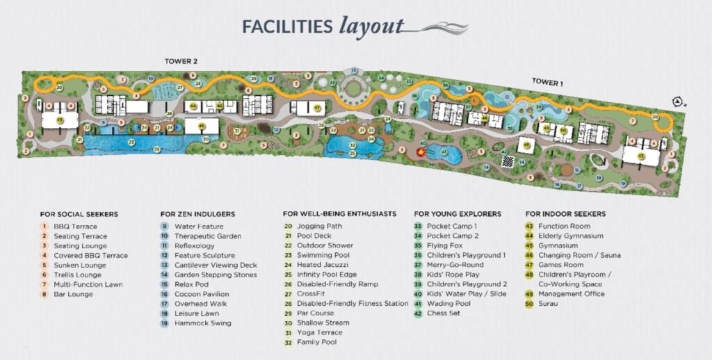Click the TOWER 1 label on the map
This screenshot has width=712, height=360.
point(547,82)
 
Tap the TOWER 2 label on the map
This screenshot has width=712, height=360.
point(181,61)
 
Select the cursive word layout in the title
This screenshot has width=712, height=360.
point(371,26)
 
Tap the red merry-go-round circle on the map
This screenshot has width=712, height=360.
point(421,151)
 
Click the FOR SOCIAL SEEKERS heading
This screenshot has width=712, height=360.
point(79,214)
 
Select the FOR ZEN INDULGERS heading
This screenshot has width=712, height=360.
point(197,214)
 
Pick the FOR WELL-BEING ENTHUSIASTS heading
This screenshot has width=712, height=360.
point(339,214)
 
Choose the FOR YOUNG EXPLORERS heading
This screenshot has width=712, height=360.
point(458,214)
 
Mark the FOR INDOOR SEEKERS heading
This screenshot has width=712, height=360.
point(565,214)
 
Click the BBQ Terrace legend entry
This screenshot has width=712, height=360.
point(75,227)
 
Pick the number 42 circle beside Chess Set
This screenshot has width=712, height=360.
point(418,313)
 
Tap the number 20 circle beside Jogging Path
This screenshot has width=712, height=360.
point(288,227)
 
